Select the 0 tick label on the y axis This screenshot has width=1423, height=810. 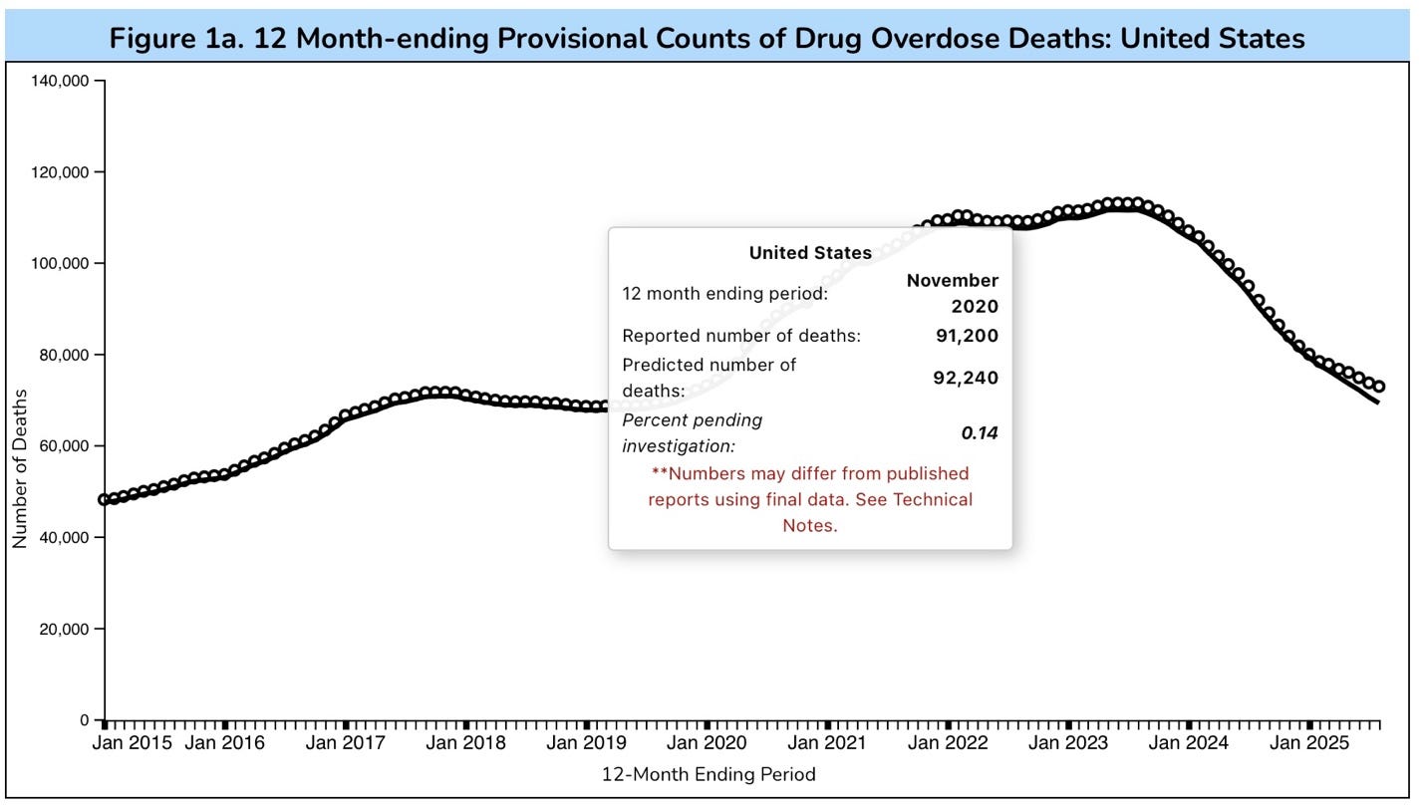pos(84,719)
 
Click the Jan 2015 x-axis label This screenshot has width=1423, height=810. pos(133,743)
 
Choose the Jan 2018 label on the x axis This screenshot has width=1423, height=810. pos(465,743)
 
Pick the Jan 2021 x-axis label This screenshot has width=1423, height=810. pos(826,743)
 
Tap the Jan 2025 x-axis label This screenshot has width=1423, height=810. pos(1308,743)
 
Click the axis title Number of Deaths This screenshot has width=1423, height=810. pos(20,468)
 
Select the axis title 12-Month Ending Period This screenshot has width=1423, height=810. pos(709,774)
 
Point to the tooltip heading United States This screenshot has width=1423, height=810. pos(810,253)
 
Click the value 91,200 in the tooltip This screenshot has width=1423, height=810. pos(967,336)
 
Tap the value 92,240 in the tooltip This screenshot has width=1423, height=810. pos(966,378)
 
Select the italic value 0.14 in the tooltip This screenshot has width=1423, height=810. pos(979,432)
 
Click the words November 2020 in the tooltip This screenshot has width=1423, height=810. pos(952,293)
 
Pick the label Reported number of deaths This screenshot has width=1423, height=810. pos(740,336)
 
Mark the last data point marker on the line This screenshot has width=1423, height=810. pos(1379,387)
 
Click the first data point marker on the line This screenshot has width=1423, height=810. pos(105,499)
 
